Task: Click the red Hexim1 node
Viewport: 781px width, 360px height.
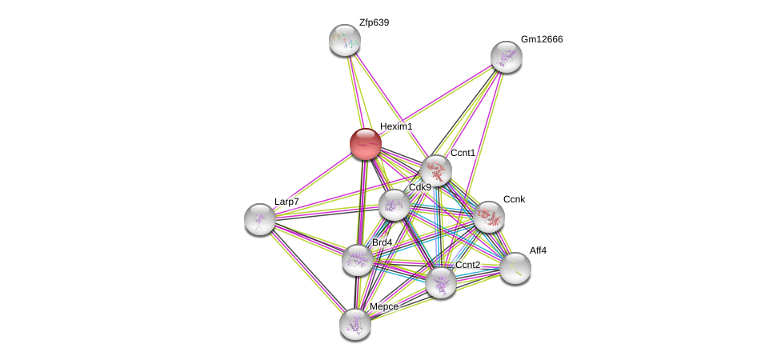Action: click(x=366, y=144)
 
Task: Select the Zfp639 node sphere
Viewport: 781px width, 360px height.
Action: click(x=345, y=40)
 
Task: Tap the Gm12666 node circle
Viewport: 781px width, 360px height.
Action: click(x=506, y=57)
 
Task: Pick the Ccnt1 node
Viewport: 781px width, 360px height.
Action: click(x=436, y=170)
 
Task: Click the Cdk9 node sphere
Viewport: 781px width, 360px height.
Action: click(x=394, y=205)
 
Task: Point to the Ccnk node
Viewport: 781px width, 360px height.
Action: click(x=488, y=216)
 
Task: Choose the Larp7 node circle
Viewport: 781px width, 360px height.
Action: click(x=260, y=218)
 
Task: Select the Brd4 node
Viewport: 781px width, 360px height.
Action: click(x=358, y=259)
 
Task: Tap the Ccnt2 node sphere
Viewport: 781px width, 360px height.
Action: click(x=441, y=282)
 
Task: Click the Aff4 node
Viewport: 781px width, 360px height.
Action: click(x=515, y=267)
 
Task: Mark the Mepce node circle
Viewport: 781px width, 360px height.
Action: click(x=354, y=323)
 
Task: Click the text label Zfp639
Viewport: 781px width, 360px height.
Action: click(x=374, y=22)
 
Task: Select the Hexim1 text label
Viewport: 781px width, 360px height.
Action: click(x=396, y=126)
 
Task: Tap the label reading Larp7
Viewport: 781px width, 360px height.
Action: click(x=286, y=202)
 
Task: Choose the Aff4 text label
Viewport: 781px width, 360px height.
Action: click(x=538, y=250)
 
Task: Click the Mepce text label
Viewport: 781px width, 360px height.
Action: click(x=383, y=306)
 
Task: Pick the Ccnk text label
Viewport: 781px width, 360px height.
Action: click(x=514, y=199)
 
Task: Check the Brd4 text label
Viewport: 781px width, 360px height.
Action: click(x=382, y=242)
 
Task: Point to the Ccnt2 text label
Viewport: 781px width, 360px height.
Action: click(x=467, y=265)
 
